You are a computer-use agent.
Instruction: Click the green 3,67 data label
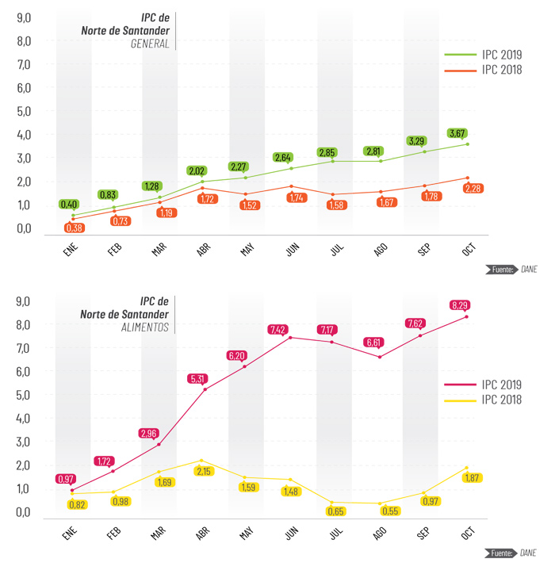pyautogui.click(x=457, y=133)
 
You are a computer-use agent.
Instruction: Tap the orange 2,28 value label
pyautogui.click(x=474, y=189)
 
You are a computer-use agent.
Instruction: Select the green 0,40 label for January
pyautogui.click(x=69, y=205)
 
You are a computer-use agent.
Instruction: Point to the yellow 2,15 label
pyautogui.click(x=204, y=471)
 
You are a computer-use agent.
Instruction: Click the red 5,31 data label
pyautogui.click(x=198, y=379)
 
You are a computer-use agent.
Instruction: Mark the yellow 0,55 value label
pyautogui.click(x=390, y=511)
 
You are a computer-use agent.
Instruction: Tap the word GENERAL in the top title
pyautogui.click(x=150, y=44)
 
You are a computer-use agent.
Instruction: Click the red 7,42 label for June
pyautogui.click(x=282, y=330)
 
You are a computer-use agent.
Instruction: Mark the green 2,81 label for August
pyautogui.click(x=373, y=151)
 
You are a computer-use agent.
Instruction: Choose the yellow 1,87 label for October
pyautogui.click(x=473, y=478)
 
